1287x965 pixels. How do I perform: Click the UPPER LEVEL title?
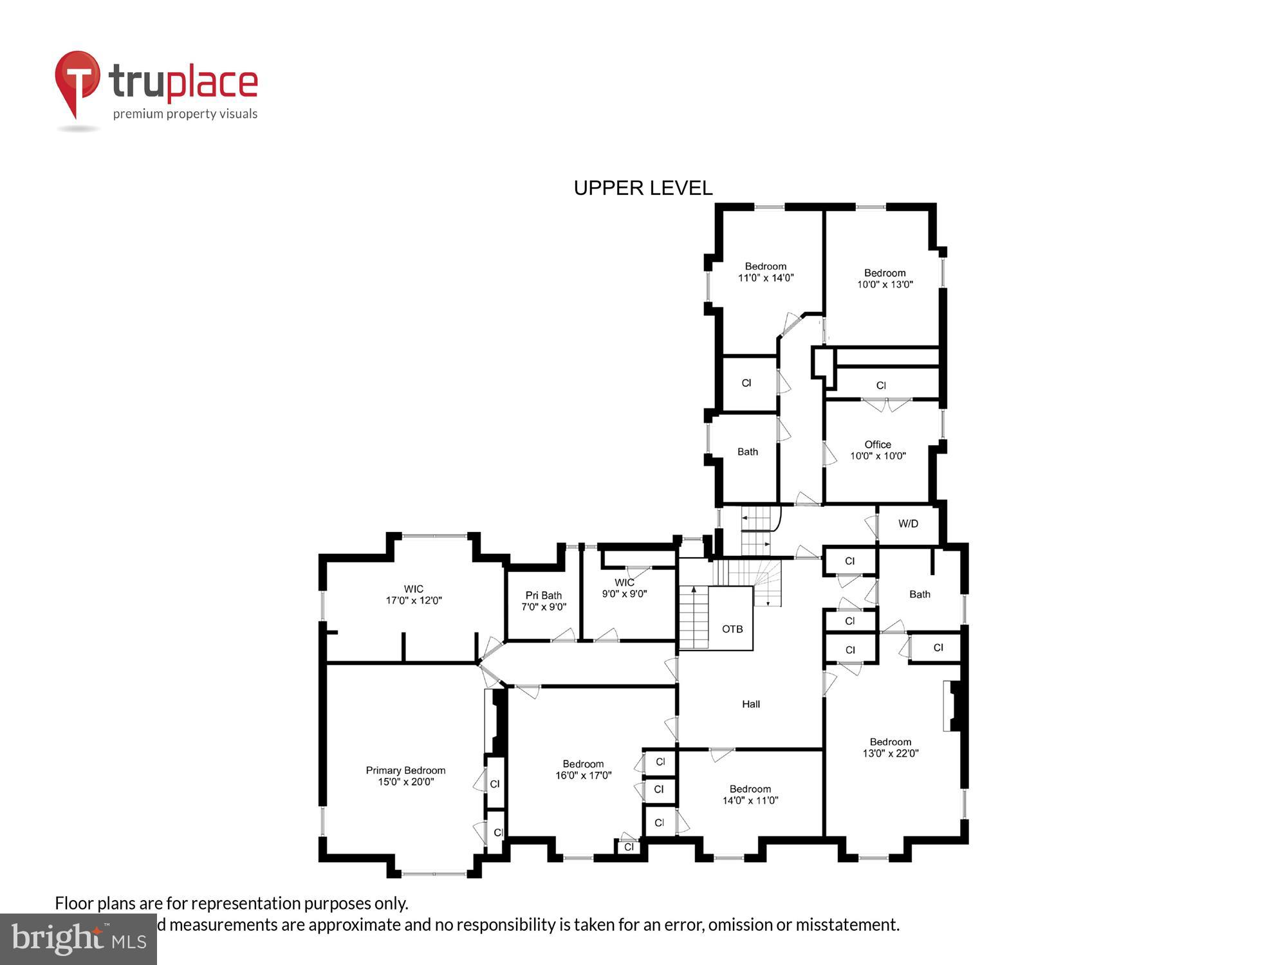[x=643, y=188]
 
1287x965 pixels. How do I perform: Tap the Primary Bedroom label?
[x=405, y=776]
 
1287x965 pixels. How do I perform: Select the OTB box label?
[x=732, y=629]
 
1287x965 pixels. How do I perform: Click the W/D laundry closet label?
[x=908, y=524]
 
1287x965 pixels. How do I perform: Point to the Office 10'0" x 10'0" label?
[x=878, y=450]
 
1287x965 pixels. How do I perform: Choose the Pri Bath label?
[x=544, y=601]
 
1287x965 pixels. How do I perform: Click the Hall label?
[x=751, y=704]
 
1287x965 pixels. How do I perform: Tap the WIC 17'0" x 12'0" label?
[x=413, y=594]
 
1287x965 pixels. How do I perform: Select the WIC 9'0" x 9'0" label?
[x=624, y=588]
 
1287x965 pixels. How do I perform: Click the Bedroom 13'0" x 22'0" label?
[x=891, y=747]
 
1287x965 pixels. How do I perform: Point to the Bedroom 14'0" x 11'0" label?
[x=750, y=795]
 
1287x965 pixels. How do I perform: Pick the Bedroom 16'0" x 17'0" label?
[x=583, y=769]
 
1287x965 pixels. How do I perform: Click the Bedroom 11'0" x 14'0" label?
[x=766, y=271]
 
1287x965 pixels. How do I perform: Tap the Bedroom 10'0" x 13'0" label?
[x=885, y=278]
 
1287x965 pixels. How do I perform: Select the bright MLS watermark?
[x=78, y=939]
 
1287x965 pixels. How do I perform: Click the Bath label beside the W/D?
[x=920, y=594]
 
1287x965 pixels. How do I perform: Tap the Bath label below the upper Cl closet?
[x=747, y=452]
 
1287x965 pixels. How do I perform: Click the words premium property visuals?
[x=185, y=114]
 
